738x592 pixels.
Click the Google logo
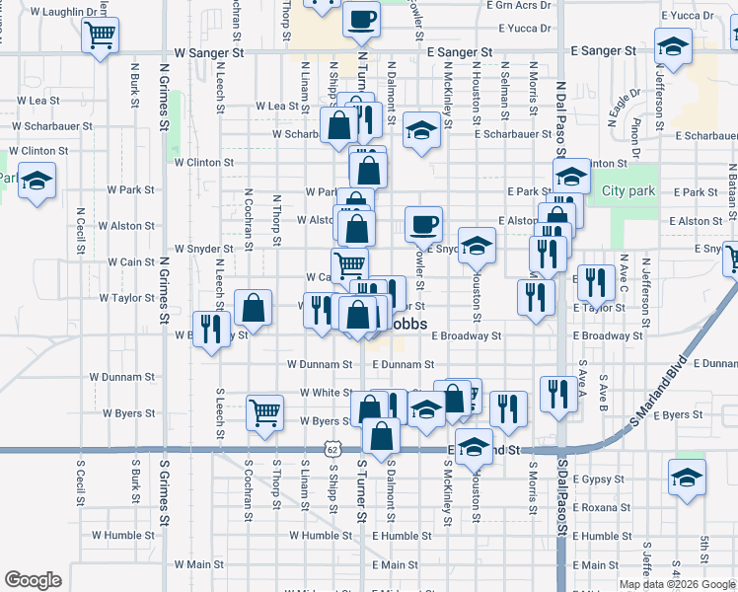tap(33, 580)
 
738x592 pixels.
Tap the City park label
tap(628, 190)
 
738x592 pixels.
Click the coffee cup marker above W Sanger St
tap(362, 18)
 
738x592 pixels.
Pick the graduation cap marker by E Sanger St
tap(673, 47)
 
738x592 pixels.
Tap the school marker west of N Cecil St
tap(37, 182)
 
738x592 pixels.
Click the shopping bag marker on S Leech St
tap(254, 307)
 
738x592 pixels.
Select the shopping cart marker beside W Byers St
tap(264, 414)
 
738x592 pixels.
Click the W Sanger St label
tap(208, 51)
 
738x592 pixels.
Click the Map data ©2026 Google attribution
tap(677, 584)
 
